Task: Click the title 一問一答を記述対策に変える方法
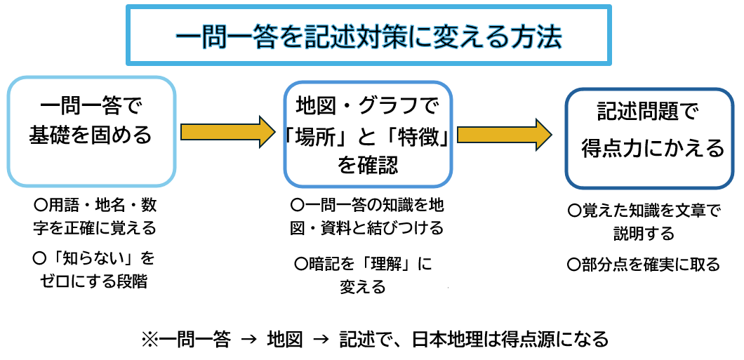(x=368, y=36)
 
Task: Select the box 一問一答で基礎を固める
(x=91, y=131)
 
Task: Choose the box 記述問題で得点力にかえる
(x=649, y=138)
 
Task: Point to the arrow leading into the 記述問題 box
(x=505, y=133)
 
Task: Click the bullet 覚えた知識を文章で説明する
(x=644, y=221)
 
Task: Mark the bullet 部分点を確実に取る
(x=644, y=264)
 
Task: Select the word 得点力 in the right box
(x=615, y=149)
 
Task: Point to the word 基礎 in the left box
(x=48, y=135)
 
